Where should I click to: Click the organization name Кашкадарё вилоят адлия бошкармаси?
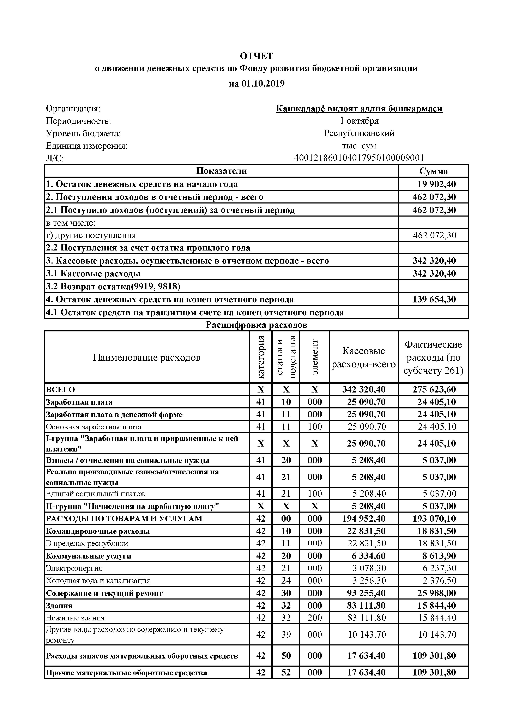coord(359,108)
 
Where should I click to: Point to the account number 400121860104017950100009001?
coord(359,158)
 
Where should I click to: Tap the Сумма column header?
coord(433,171)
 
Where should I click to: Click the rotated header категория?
coord(261,357)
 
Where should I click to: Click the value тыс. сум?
coord(359,146)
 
